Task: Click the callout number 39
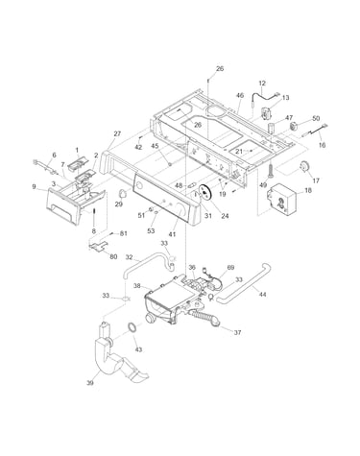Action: pos(90,382)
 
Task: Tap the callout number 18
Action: pos(308,190)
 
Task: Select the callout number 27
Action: pos(117,133)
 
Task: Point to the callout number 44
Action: pos(262,294)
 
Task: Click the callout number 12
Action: pos(262,84)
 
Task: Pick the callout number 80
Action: pos(113,256)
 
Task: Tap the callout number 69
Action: pos(230,267)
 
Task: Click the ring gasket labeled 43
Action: pos(132,328)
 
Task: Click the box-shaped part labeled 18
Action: pos(283,199)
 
